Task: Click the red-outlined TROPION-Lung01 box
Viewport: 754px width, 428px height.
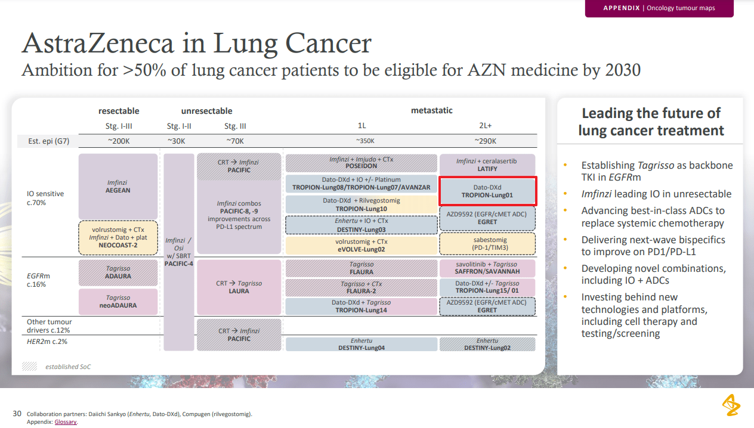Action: click(488, 191)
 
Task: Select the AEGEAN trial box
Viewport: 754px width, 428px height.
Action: click(118, 187)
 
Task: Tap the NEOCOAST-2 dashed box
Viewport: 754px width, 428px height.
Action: click(118, 237)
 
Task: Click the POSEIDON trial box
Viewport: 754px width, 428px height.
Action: click(361, 163)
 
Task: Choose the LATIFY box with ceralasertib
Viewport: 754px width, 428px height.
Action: click(487, 165)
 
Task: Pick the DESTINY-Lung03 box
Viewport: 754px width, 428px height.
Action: click(361, 225)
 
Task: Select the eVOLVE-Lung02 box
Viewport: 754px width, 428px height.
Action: click(361, 246)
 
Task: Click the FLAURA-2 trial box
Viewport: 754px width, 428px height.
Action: click(361, 288)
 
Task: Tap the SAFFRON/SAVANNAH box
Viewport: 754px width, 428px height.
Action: click(487, 268)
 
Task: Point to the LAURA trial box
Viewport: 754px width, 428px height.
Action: click(239, 287)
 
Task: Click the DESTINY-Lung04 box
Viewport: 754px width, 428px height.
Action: click(361, 344)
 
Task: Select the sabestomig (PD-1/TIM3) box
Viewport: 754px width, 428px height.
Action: click(487, 244)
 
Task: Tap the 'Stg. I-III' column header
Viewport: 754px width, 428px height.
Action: click(118, 126)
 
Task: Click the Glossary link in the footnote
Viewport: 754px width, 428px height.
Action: click(66, 422)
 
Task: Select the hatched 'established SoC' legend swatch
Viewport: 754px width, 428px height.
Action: click(30, 367)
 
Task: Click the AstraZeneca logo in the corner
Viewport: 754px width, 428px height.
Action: click(731, 405)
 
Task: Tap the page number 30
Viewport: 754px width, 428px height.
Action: click(17, 414)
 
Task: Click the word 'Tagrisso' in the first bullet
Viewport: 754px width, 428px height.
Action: click(654, 165)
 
